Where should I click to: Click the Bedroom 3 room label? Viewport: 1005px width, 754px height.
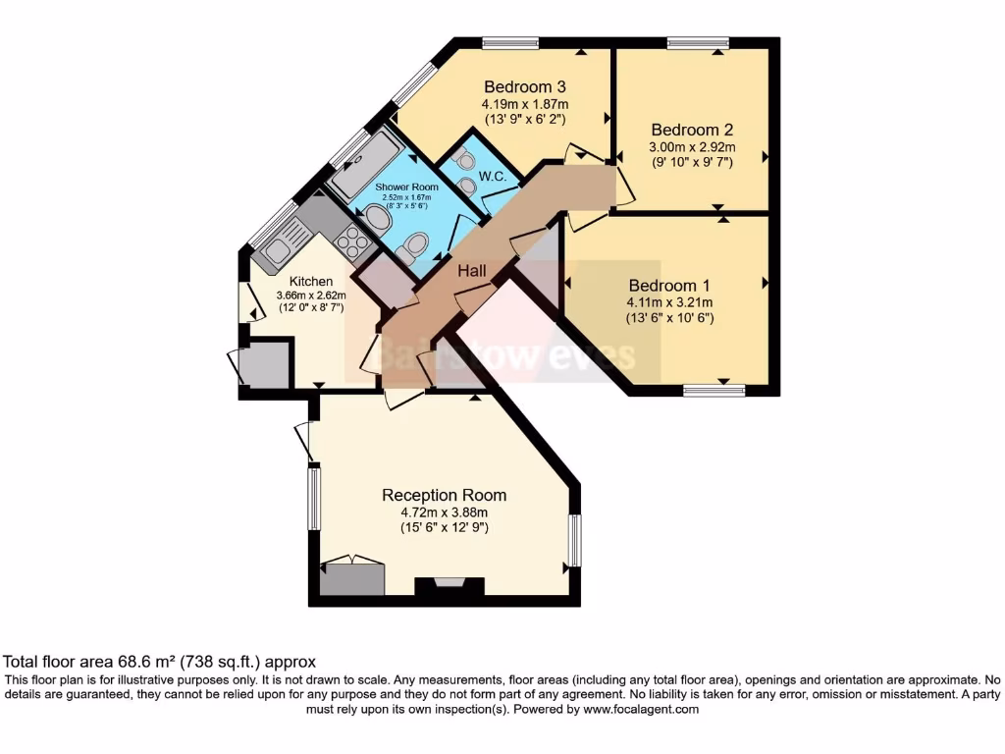[524, 86]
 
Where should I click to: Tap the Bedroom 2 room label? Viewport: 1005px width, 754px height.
[692, 130]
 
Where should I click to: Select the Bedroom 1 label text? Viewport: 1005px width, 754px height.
[670, 286]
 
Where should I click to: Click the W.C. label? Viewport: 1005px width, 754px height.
[492, 177]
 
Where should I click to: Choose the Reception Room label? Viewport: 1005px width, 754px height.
[444, 495]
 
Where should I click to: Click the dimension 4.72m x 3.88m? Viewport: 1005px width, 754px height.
[444, 512]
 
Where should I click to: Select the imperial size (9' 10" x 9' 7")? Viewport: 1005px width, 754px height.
[692, 161]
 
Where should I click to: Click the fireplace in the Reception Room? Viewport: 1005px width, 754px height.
[450, 587]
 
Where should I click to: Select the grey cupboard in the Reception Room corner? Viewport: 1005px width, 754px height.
[350, 576]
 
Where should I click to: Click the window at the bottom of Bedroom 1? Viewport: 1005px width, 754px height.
[714, 391]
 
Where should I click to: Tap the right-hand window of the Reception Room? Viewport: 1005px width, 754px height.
[575, 540]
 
